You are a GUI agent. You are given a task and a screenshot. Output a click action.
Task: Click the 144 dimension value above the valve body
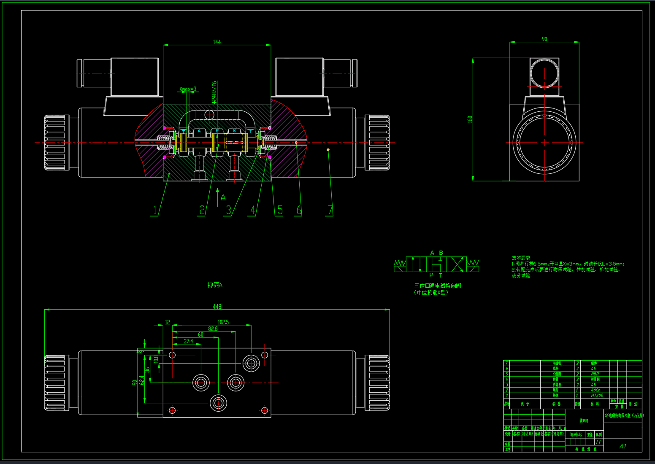pyautogui.click(x=217, y=42)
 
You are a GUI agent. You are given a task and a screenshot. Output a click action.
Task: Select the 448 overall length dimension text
pyautogui.click(x=217, y=307)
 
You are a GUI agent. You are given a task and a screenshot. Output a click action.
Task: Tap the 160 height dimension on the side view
pyautogui.click(x=470, y=119)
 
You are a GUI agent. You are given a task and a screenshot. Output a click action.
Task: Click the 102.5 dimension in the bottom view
pyautogui.click(x=223, y=322)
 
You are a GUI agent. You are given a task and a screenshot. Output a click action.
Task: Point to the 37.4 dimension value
pyautogui.click(x=188, y=341)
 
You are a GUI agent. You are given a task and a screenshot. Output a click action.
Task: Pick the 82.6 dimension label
pyautogui.click(x=213, y=329)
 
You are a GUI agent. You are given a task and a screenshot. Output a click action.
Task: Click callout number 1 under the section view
pyautogui.click(x=155, y=210)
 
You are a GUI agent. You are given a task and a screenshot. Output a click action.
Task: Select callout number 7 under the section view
pyautogui.click(x=330, y=210)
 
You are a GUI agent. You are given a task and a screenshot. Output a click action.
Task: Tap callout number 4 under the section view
pyautogui.click(x=253, y=210)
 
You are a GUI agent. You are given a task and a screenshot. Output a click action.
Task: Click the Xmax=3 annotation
pyautogui.click(x=188, y=89)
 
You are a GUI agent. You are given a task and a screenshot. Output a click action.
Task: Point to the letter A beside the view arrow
pyautogui.click(x=223, y=197)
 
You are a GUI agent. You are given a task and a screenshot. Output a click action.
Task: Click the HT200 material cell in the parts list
pyautogui.click(x=597, y=396)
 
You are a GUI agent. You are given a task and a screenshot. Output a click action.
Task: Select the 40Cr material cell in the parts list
pyautogui.click(x=595, y=390)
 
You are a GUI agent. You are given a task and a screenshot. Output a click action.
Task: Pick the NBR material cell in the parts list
pyautogui.click(x=595, y=374)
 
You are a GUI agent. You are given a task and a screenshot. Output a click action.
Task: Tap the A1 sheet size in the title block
pyautogui.click(x=623, y=446)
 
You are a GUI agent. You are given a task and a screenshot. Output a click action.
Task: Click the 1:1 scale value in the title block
pyautogui.click(x=598, y=442)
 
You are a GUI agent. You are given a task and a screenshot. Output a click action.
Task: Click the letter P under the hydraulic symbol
pyautogui.click(x=431, y=275)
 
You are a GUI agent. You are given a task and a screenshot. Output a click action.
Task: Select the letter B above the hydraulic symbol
pyautogui.click(x=441, y=253)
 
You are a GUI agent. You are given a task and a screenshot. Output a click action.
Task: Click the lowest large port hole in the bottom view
pyautogui.click(x=218, y=403)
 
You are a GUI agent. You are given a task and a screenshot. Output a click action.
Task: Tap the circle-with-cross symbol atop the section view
pyautogui.click(x=210, y=114)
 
